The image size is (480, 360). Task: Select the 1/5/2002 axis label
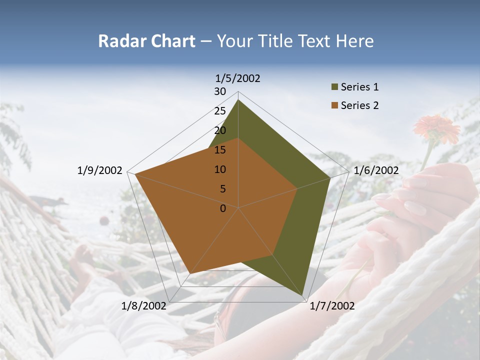pyautogui.click(x=238, y=78)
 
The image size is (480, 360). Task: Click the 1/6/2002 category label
pyautogui.click(x=376, y=170)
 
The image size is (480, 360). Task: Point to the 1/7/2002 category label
pyautogui.click(x=332, y=306)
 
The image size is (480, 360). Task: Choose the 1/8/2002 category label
pyautogui.click(x=144, y=306)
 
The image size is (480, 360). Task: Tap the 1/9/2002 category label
pyautogui.click(x=100, y=170)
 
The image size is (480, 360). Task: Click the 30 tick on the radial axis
pyautogui.click(x=220, y=91)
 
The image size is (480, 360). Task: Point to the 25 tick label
pyautogui.click(x=220, y=111)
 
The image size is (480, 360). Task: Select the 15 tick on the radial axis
pyautogui.click(x=220, y=150)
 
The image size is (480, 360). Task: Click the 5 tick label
pyautogui.click(x=223, y=189)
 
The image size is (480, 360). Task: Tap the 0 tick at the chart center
pyautogui.click(x=223, y=208)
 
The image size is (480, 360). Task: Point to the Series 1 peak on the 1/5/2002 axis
pyautogui.click(x=238, y=100)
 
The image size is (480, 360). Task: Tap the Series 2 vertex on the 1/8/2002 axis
pyautogui.click(x=190, y=273)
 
